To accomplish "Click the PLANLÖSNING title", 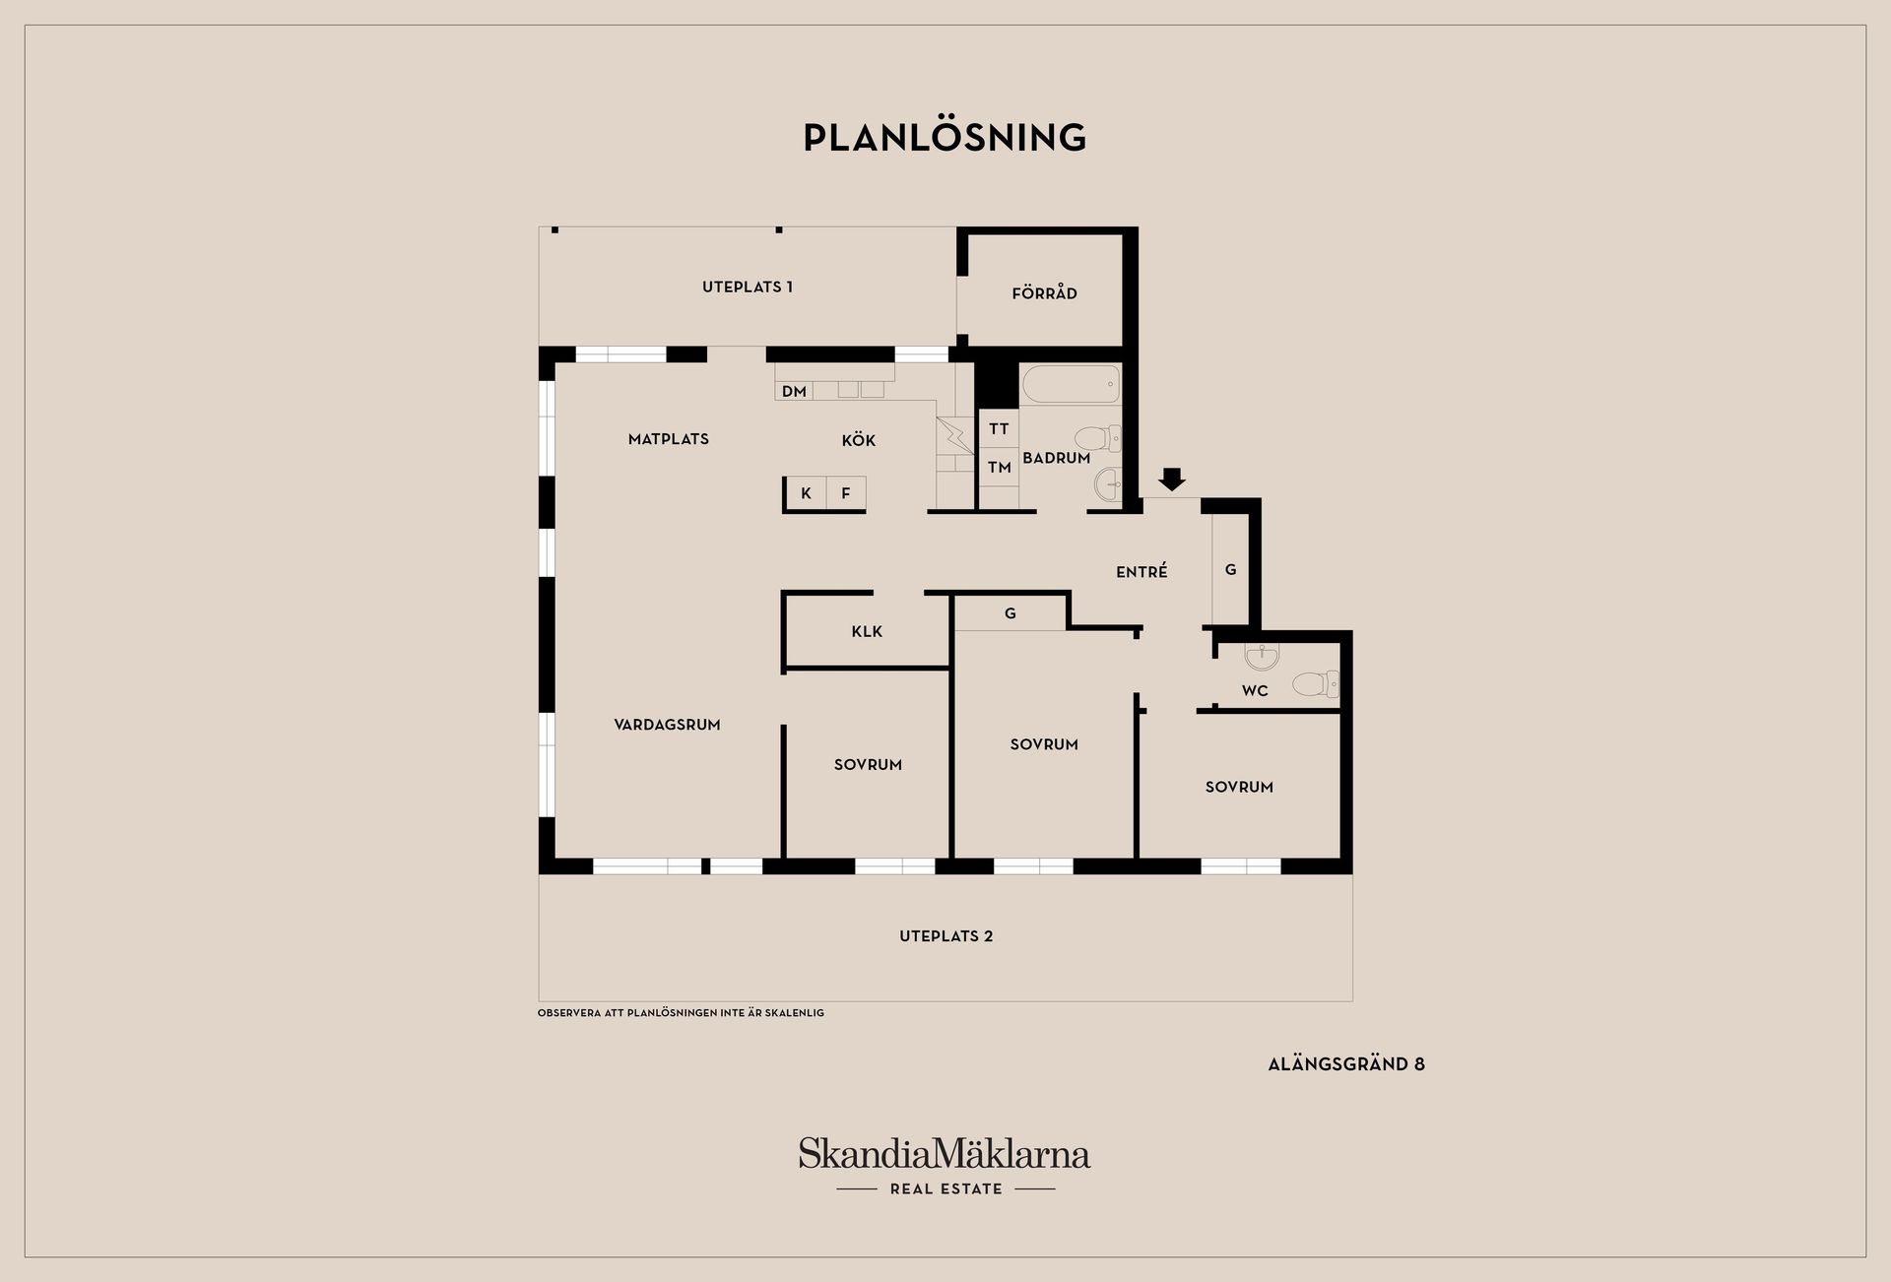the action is pyautogui.click(x=945, y=138).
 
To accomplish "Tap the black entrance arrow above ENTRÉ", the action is pyautogui.click(x=1171, y=480).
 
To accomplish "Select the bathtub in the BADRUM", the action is pyautogui.click(x=1071, y=384).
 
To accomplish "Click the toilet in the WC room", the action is pyautogui.click(x=1316, y=683).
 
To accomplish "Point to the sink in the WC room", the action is pyautogui.click(x=1262, y=656).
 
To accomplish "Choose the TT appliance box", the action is pyautogui.click(x=999, y=428).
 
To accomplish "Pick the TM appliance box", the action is pyautogui.click(x=999, y=468).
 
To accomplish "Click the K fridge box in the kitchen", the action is pyautogui.click(x=807, y=493).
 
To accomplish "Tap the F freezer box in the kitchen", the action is pyautogui.click(x=846, y=493).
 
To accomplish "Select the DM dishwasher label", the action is pyautogui.click(x=794, y=391).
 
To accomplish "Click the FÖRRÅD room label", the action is pyautogui.click(x=1044, y=293).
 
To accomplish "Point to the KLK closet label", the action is pyautogui.click(x=867, y=631).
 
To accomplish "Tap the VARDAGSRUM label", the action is pyautogui.click(x=667, y=725).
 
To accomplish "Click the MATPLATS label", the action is pyautogui.click(x=669, y=439).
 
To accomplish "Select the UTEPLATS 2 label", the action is pyautogui.click(x=945, y=936).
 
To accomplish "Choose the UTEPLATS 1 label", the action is pyautogui.click(x=748, y=288).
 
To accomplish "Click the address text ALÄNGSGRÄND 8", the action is pyautogui.click(x=1346, y=1064).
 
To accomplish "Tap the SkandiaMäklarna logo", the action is pyautogui.click(x=945, y=1167).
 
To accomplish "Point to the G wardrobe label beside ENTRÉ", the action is pyautogui.click(x=1230, y=570).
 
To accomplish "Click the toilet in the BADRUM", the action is pyautogui.click(x=1098, y=438).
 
